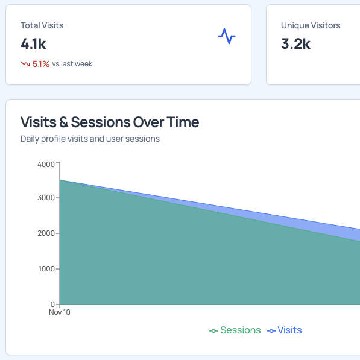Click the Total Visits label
(x=42, y=25)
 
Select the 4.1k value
(x=33, y=43)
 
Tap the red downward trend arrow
(x=25, y=63)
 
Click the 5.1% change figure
(x=41, y=63)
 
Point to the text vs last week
(x=72, y=63)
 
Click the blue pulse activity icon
(x=226, y=37)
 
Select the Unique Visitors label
(x=311, y=25)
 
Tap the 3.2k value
(x=295, y=43)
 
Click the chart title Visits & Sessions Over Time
(x=110, y=122)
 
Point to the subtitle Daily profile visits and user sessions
(x=90, y=139)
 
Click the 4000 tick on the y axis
(x=45, y=163)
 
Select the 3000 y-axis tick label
(x=45, y=198)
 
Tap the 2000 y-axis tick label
(x=45, y=233)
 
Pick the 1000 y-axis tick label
(x=45, y=269)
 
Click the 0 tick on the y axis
(x=52, y=304)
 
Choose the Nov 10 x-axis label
(x=60, y=313)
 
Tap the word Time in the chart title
(x=182, y=122)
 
